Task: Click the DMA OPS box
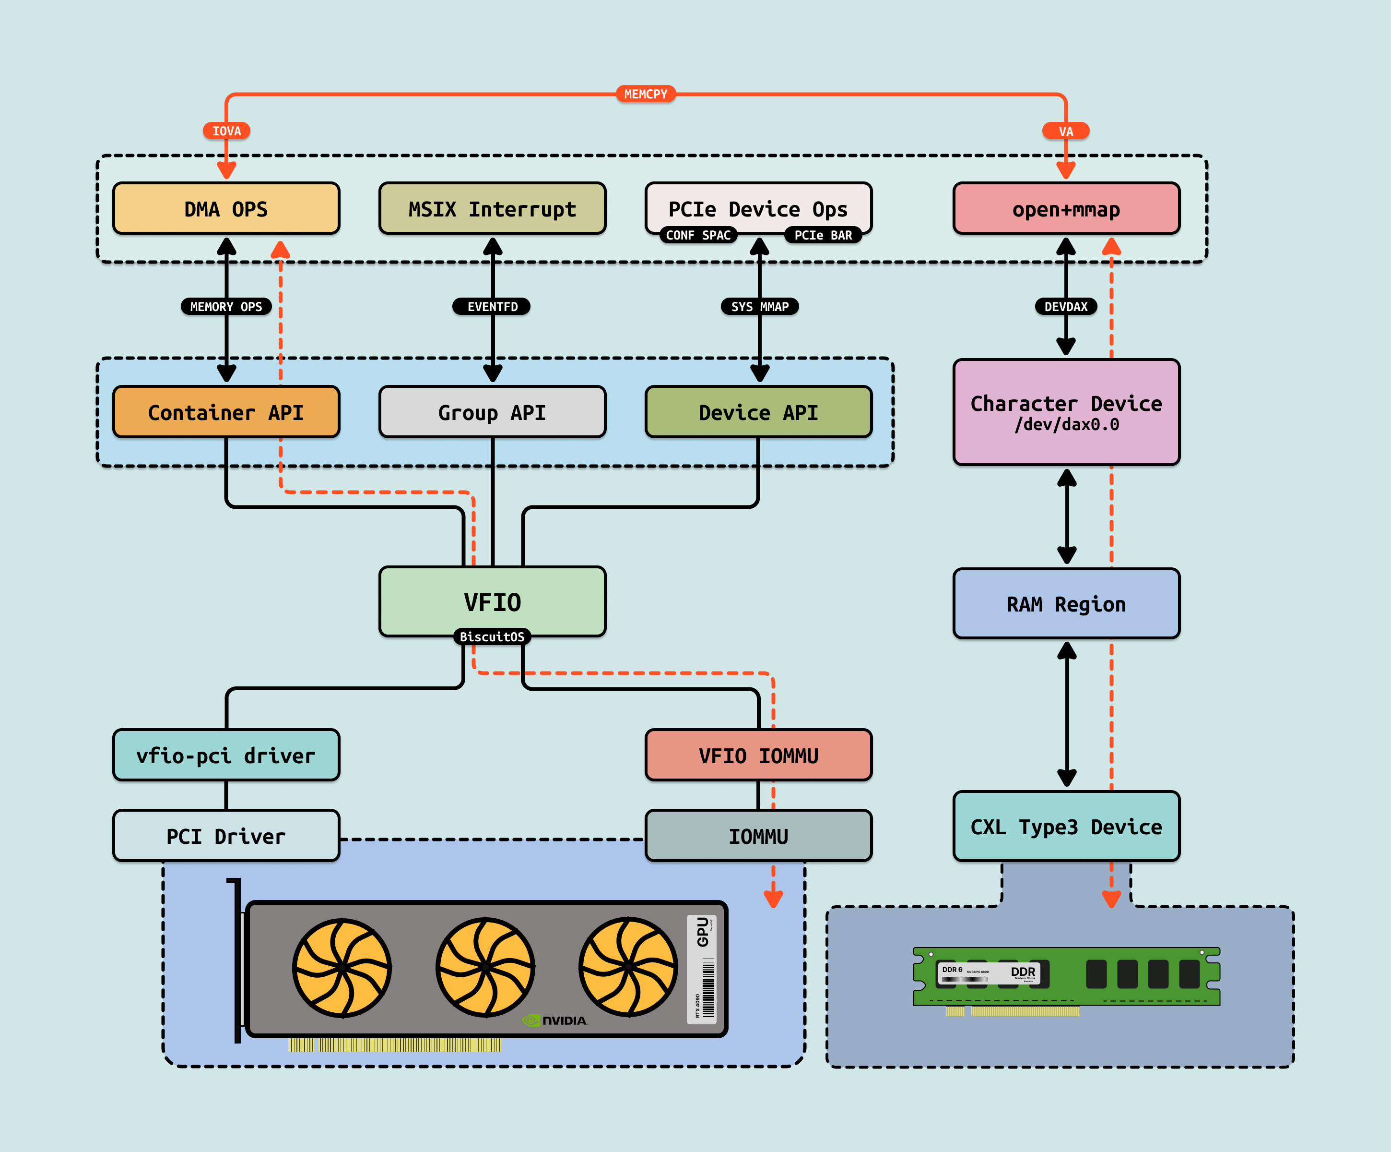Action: pos(226,209)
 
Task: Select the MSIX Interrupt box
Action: pos(492,209)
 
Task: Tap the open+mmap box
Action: pos(1066,209)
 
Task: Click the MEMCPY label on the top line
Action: pos(646,94)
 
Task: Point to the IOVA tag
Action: pos(226,131)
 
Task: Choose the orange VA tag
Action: pos(1066,131)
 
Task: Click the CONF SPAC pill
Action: pos(698,235)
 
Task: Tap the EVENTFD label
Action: pos(492,307)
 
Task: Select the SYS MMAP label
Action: pos(760,307)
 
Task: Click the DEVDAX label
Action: pos(1066,307)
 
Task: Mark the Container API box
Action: pos(226,412)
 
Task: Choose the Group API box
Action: pos(492,412)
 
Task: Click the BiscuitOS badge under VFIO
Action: pos(492,637)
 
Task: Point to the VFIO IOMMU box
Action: pos(758,756)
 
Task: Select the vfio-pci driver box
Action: pos(226,756)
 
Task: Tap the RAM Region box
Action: pos(1066,604)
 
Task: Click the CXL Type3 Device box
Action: pos(1066,827)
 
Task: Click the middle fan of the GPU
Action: pos(485,967)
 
